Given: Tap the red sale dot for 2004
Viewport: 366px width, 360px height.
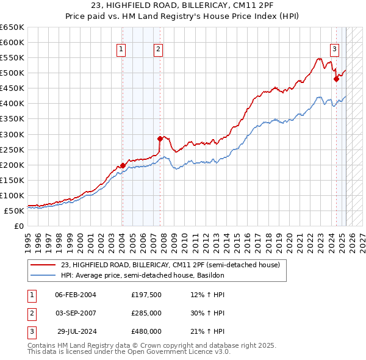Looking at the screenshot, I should tap(123, 165).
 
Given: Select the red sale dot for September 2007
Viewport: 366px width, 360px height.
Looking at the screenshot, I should tap(160, 139).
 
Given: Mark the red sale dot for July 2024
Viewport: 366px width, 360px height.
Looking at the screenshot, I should tap(336, 79).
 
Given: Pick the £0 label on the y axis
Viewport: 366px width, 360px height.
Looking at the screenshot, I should tap(20, 226).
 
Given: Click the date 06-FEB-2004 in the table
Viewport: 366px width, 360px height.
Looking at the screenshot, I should tap(76, 295).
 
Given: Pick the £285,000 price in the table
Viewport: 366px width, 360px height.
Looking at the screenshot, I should tap(146, 313).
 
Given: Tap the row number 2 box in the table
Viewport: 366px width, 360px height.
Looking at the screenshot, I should tap(30, 313).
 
